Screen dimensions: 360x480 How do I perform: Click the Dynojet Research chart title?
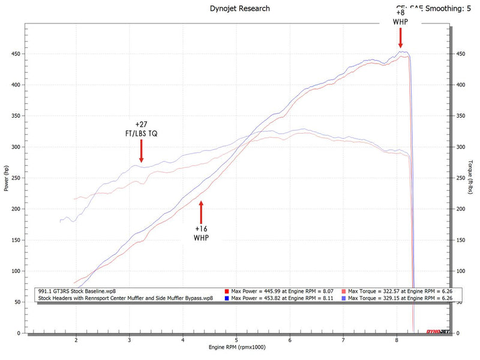click(240, 8)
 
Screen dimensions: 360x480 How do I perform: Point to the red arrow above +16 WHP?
click(202, 212)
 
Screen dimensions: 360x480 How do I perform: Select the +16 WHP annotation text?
click(202, 233)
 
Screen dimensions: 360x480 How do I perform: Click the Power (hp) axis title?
click(7, 179)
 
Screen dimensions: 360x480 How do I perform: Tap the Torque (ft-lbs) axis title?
click(472, 179)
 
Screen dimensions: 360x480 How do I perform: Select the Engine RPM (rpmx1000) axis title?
click(237, 347)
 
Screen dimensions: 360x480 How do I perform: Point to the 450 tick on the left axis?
click(16, 54)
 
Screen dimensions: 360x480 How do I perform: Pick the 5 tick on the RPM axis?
click(237, 340)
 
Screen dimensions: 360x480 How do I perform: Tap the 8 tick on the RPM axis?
click(397, 340)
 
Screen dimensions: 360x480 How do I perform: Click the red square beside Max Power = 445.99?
click(227, 291)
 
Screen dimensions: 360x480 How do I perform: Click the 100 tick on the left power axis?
click(16, 271)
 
